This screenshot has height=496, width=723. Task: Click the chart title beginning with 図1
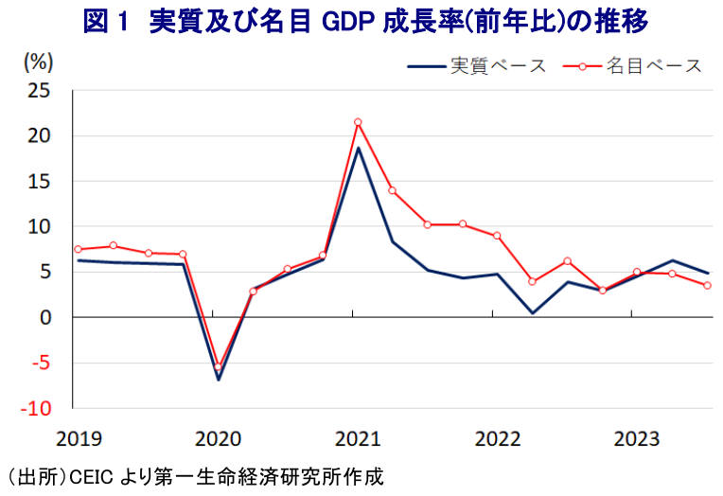click(361, 22)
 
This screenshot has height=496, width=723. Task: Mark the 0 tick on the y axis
click(44, 318)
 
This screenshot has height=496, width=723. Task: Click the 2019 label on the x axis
click(79, 438)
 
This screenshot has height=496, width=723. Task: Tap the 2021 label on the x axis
click(357, 438)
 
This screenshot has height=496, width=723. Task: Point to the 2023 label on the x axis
click(637, 438)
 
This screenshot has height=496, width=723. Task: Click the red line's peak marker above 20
click(358, 122)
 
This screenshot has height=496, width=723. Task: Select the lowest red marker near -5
click(218, 367)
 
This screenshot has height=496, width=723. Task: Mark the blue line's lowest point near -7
click(219, 380)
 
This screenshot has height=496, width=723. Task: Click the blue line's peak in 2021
click(358, 148)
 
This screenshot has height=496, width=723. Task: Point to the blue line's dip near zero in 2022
click(532, 312)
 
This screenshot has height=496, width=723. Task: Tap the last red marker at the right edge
click(707, 286)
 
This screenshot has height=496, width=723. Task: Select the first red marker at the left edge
click(78, 249)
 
